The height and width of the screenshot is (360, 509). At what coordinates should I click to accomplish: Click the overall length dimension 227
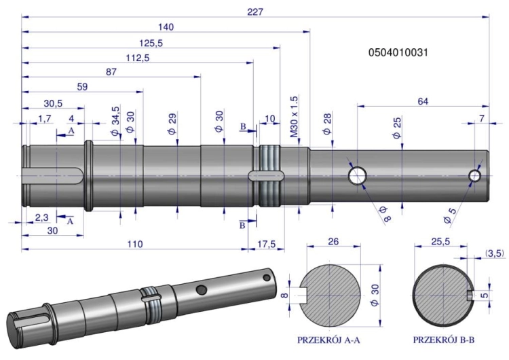coord(255,12)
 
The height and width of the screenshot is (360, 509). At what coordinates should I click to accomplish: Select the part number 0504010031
coord(398,52)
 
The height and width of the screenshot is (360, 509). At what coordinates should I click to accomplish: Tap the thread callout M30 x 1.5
coord(294,117)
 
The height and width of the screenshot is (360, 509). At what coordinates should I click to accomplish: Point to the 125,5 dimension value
coord(151,43)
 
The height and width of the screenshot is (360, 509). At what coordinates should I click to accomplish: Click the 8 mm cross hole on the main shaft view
coord(358,176)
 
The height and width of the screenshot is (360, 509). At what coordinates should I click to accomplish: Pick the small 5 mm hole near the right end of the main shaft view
coord(475,176)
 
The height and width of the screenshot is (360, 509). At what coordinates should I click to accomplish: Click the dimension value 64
coord(423,101)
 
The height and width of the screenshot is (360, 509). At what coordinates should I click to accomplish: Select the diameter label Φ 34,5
coord(115,121)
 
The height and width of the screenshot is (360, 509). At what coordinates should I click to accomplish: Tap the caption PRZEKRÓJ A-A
coord(328,340)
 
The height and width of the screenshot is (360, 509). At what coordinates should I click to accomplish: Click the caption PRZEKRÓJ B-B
coord(444,340)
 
